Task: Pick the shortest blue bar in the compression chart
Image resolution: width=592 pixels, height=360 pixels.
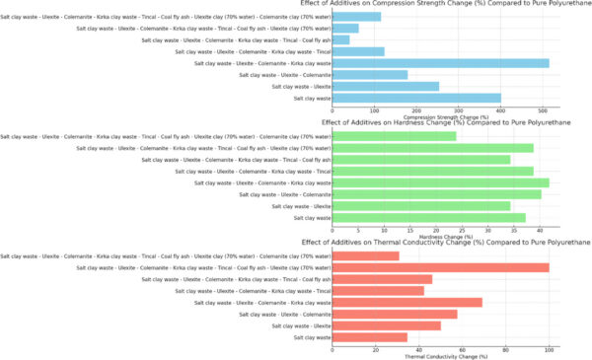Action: tap(341, 39)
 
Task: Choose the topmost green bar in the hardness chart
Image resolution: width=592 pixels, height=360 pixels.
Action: tap(395, 136)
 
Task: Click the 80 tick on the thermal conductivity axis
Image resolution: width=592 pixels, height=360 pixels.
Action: tap(506, 349)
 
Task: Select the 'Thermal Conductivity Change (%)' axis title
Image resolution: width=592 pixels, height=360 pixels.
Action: tap(441, 356)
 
